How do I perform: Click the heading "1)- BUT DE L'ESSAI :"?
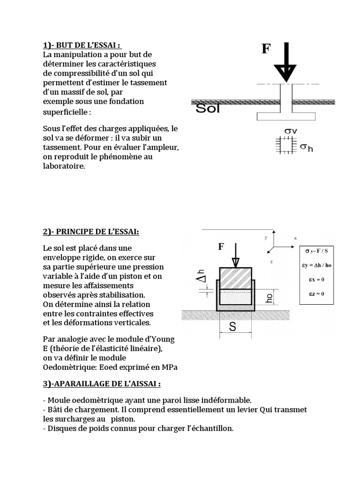(82, 45)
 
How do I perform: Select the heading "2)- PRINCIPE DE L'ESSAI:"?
(91, 232)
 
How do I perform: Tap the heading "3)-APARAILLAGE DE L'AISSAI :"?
(102, 383)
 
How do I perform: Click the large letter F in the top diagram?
(266, 49)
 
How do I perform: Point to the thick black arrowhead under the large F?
(285, 73)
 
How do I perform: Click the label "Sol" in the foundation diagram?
(207, 109)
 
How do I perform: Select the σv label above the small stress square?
(291, 131)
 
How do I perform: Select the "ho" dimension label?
(269, 296)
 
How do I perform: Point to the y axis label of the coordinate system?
(265, 237)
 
